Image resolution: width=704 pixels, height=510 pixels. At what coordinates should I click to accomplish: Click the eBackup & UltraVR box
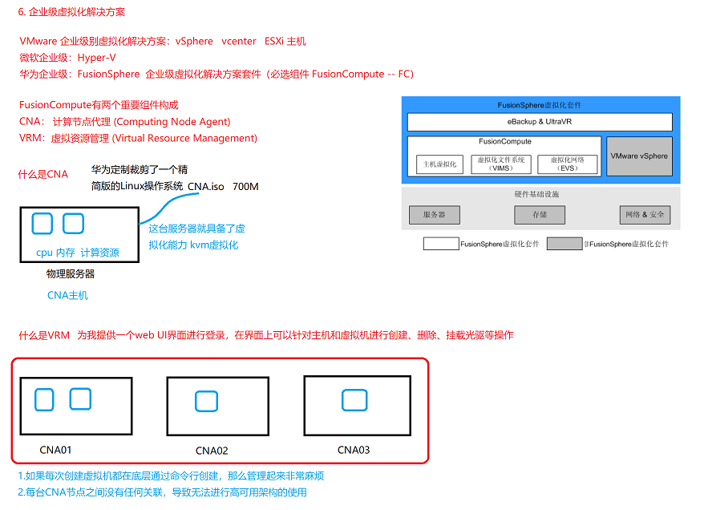(539, 122)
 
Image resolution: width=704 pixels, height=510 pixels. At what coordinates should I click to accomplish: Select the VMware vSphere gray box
(638, 156)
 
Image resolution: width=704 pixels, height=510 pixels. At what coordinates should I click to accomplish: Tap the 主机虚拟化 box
(440, 164)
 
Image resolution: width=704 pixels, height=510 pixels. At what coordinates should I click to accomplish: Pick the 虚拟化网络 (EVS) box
(567, 164)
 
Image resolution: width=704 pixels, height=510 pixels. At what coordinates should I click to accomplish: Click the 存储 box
(539, 215)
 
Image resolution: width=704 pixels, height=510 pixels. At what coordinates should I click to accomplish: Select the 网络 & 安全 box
(645, 215)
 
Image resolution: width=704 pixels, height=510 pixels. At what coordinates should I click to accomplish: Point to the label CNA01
(55, 450)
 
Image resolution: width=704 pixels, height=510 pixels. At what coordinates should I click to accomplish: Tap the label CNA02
(212, 451)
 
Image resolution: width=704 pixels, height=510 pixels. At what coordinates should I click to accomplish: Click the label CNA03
(354, 450)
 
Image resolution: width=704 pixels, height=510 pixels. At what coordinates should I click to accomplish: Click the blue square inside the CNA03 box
(354, 400)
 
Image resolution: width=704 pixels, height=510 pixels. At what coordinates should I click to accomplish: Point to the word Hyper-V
(96, 58)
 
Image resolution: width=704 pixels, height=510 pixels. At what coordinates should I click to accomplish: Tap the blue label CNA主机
(67, 295)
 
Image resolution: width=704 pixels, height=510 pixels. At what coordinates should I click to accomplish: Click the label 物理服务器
(71, 274)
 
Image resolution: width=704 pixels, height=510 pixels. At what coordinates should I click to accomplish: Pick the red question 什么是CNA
(43, 174)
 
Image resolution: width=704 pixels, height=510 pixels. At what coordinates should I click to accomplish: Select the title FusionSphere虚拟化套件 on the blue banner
(539, 105)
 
